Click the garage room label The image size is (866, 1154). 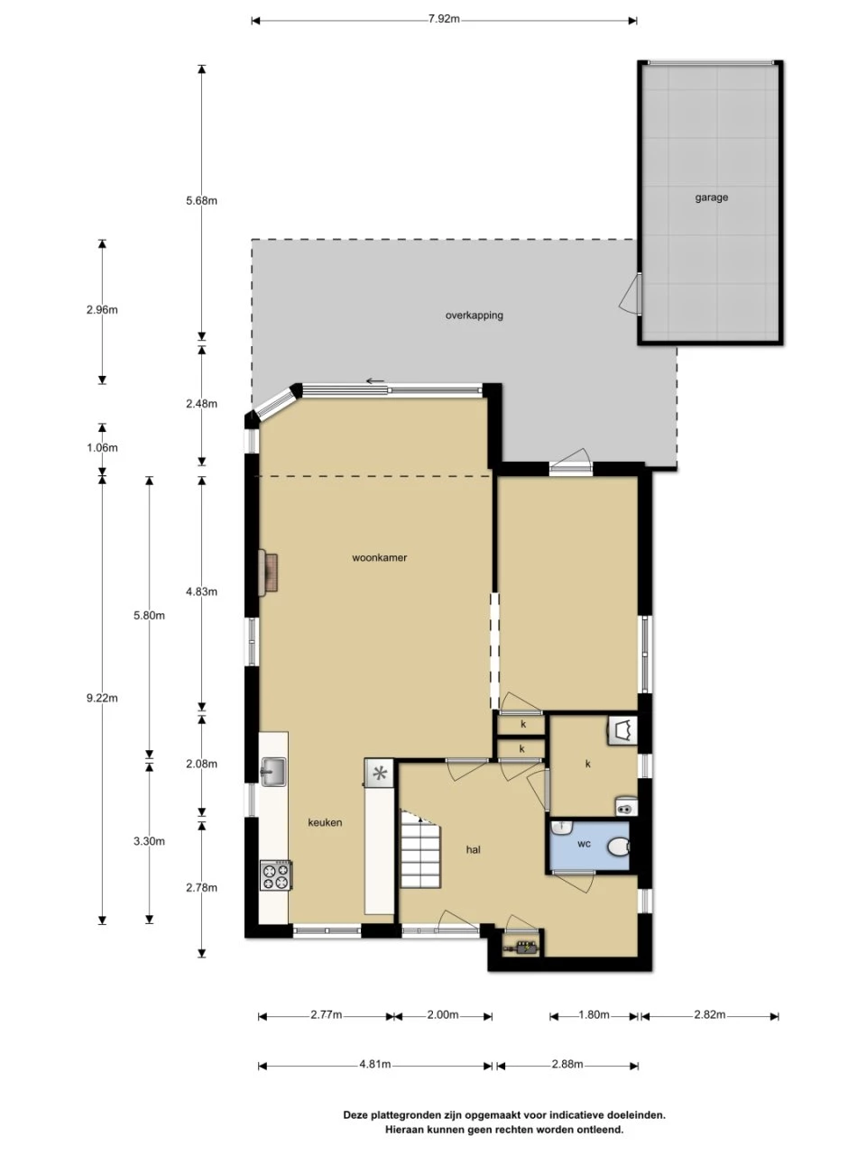pyautogui.click(x=711, y=197)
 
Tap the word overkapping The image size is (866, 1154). pyautogui.click(x=474, y=316)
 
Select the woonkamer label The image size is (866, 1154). pyautogui.click(x=379, y=557)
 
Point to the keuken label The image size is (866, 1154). pyautogui.click(x=325, y=822)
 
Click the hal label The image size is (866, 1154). pyautogui.click(x=473, y=849)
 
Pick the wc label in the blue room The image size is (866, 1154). pyautogui.click(x=584, y=844)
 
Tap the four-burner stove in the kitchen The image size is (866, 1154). pyautogui.click(x=276, y=875)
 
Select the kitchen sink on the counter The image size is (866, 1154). pyautogui.click(x=273, y=772)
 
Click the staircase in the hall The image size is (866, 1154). pyautogui.click(x=419, y=848)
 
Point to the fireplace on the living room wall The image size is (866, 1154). pyautogui.click(x=268, y=572)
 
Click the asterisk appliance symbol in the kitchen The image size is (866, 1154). pyautogui.click(x=379, y=774)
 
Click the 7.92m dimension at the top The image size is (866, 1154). pyautogui.click(x=444, y=20)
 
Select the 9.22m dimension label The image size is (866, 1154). pyautogui.click(x=102, y=698)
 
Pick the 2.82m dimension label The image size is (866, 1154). pyautogui.click(x=709, y=1014)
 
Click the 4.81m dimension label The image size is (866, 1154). pyautogui.click(x=374, y=1064)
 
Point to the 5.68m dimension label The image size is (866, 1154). pyautogui.click(x=201, y=201)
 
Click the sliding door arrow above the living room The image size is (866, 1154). pyautogui.click(x=375, y=381)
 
